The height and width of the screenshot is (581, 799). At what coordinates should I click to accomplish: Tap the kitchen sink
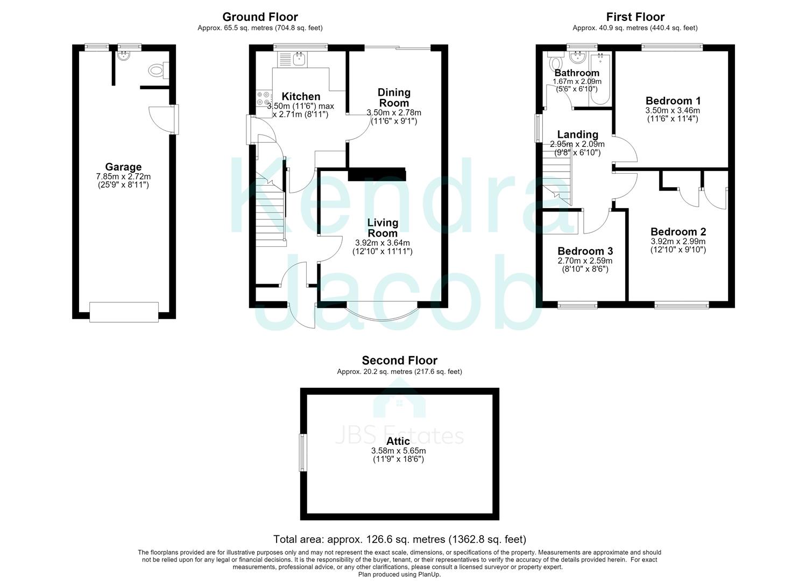tap(293, 59)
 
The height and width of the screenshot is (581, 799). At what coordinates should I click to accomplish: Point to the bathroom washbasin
tap(578, 56)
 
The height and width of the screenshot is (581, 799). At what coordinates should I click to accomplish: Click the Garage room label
tap(123, 167)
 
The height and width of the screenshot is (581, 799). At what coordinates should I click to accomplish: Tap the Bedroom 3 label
tap(585, 251)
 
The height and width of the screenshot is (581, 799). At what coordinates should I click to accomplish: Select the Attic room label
tap(398, 441)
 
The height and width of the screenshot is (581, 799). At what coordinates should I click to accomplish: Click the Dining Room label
tap(394, 98)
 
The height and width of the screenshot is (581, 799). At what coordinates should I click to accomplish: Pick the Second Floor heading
tap(399, 360)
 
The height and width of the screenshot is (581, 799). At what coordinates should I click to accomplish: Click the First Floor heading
tap(635, 17)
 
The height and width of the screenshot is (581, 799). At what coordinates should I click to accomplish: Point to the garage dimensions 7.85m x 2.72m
tap(123, 176)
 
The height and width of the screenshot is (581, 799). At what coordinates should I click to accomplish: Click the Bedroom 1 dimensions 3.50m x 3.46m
tap(673, 111)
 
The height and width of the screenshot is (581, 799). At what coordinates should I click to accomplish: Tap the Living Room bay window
tap(382, 315)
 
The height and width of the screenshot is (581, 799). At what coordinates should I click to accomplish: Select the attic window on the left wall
tap(303, 452)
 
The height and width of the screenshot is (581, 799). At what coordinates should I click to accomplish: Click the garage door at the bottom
tap(124, 312)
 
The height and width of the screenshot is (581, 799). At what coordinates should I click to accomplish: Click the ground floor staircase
tap(271, 210)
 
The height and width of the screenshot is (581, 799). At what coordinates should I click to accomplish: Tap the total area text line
tap(399, 539)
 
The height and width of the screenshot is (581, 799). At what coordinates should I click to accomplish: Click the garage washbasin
tap(124, 55)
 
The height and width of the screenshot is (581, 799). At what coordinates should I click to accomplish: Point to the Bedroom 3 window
tap(577, 305)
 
